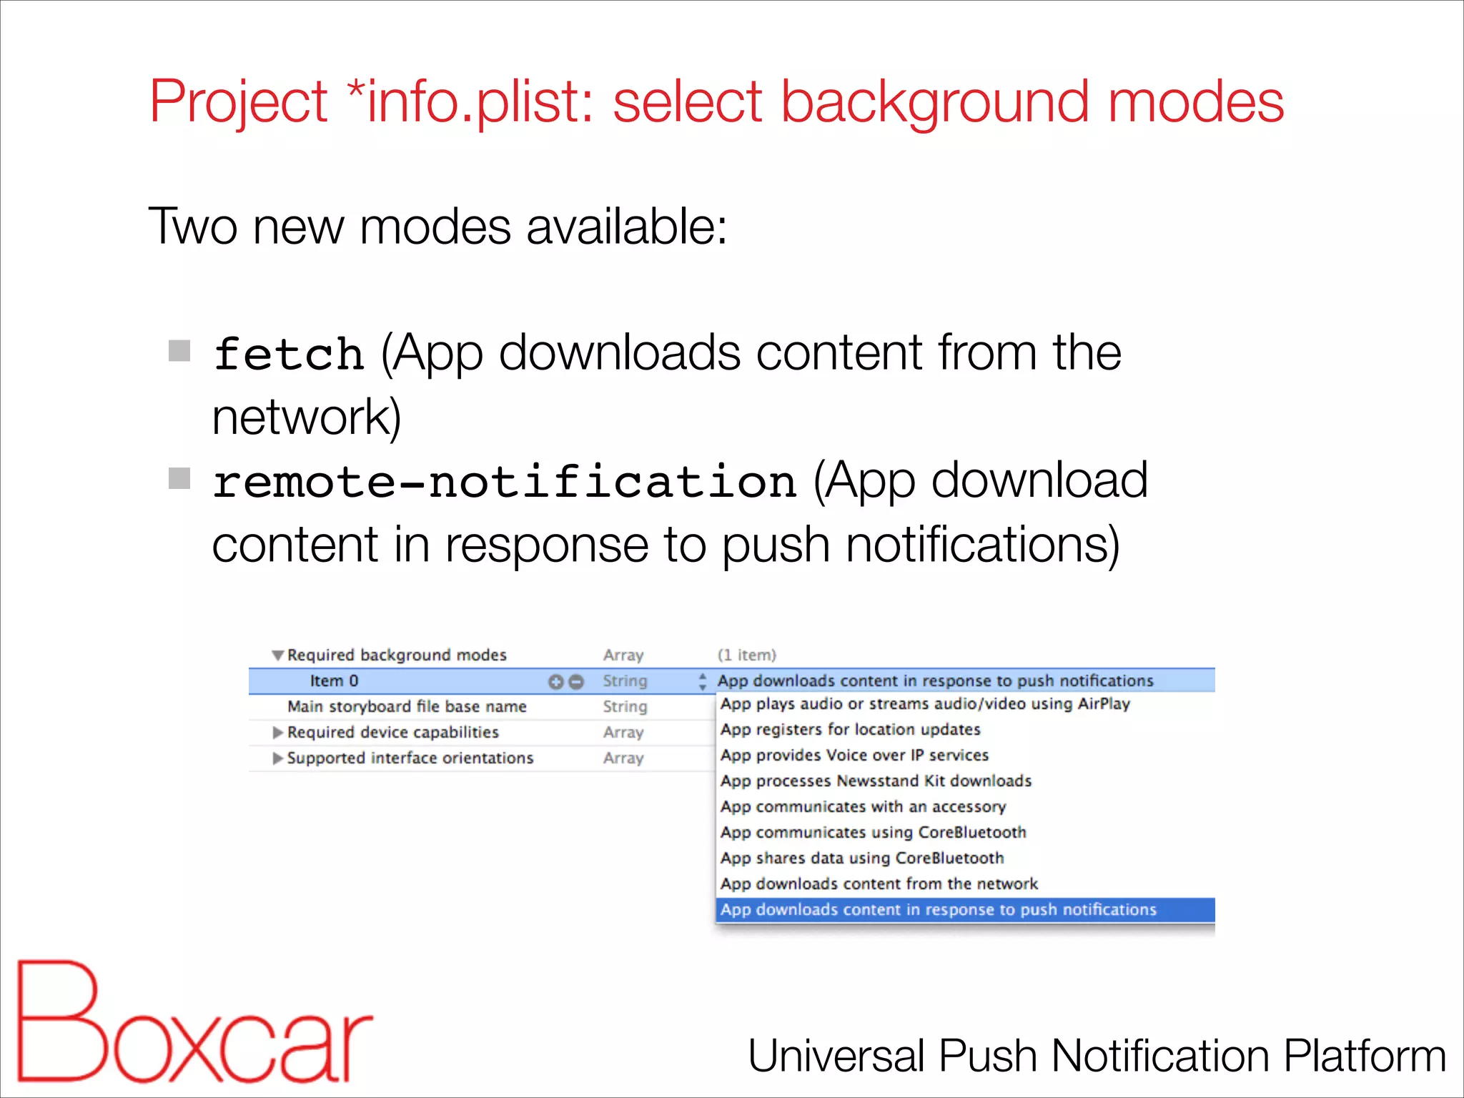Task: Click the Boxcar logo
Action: tap(193, 1022)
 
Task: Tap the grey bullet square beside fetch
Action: tap(179, 351)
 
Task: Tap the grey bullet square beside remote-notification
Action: tap(179, 478)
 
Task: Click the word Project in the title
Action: tap(238, 102)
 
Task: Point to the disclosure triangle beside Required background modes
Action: tap(278, 656)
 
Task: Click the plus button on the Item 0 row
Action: tap(555, 682)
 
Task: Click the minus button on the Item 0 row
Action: tap(575, 682)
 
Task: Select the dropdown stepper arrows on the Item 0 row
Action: tap(703, 681)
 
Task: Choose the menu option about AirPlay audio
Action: tap(925, 704)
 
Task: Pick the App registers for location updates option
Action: tap(850, 730)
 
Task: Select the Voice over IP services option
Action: tap(854, 756)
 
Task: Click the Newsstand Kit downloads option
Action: tap(876, 781)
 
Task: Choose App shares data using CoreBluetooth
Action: tap(862, 859)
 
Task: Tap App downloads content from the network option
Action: tap(879, 884)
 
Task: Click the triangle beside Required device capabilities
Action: tap(278, 733)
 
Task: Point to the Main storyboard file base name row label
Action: tap(407, 707)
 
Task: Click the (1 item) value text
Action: tap(746, 656)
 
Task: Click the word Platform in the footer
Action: tap(1365, 1057)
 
